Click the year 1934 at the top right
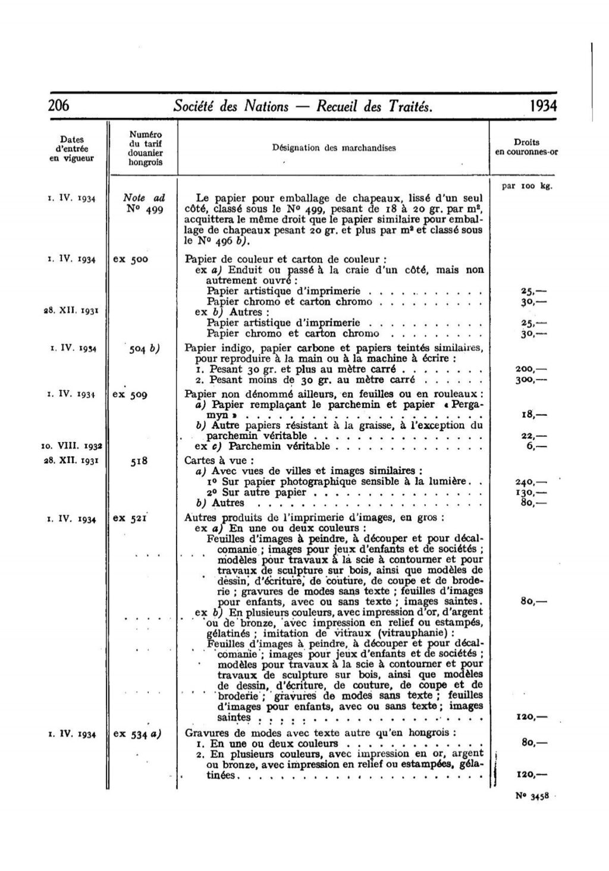click(x=538, y=106)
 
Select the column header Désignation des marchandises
click(x=334, y=148)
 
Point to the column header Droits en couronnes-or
click(x=526, y=147)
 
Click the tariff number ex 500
click(x=130, y=259)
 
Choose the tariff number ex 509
click(x=130, y=394)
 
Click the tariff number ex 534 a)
click(x=137, y=734)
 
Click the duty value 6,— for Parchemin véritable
click(x=535, y=446)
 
